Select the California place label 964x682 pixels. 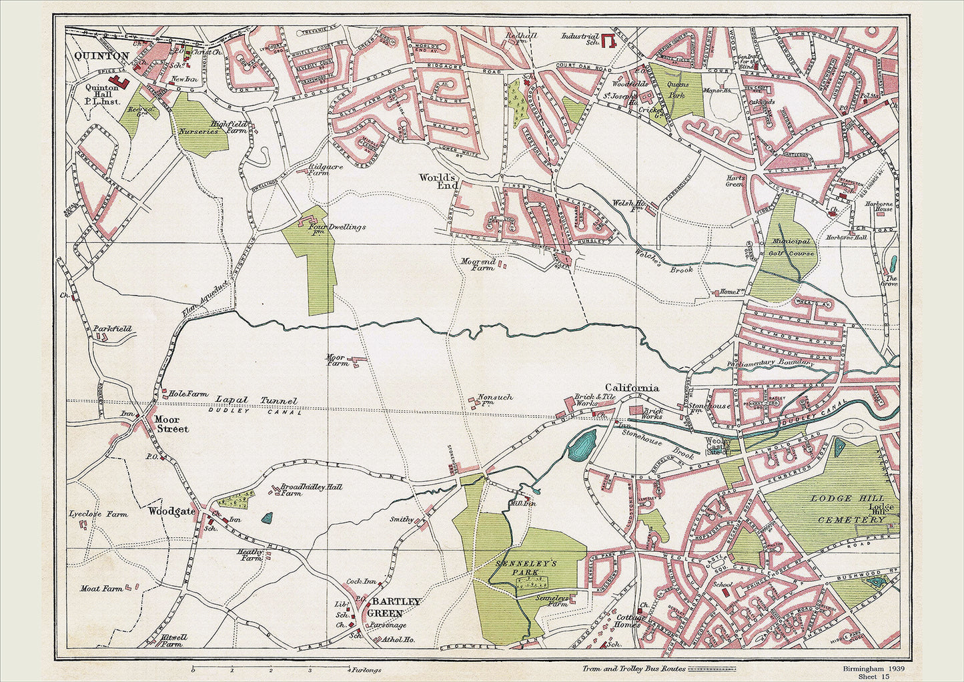631,388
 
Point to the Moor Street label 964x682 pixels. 171,424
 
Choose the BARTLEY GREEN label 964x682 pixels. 400,607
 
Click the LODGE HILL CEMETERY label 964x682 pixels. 847,508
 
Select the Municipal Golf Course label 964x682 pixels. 792,247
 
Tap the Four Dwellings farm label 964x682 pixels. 336,227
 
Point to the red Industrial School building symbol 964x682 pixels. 608,41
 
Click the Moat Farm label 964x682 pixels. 101,589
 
